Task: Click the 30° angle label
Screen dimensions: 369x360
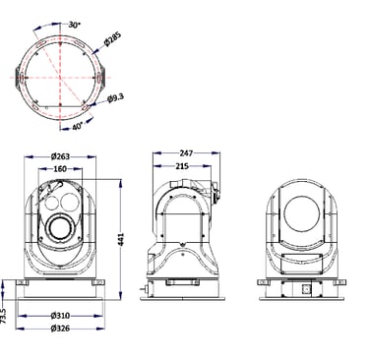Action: click(75, 25)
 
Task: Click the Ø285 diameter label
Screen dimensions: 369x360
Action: click(112, 38)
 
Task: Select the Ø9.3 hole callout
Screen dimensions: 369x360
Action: click(116, 98)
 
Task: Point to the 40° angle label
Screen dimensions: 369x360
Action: click(78, 126)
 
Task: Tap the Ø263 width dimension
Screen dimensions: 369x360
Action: click(60, 156)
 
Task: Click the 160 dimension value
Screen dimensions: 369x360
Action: click(60, 169)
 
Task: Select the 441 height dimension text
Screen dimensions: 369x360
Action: click(121, 240)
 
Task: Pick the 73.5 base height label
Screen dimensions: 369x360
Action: click(4, 316)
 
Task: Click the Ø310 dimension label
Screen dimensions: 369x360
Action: click(60, 316)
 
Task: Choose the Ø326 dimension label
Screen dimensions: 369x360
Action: click(60, 329)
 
